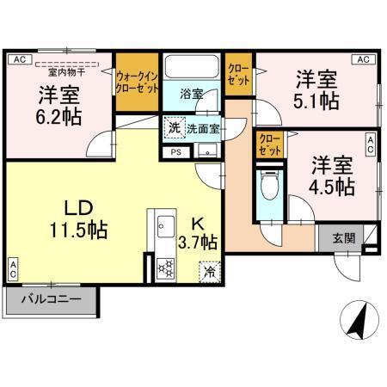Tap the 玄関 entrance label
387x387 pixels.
coord(341,238)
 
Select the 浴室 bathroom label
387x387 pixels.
coord(192,94)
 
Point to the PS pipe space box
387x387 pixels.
coord(176,152)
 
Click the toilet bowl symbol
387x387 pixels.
coord(267,184)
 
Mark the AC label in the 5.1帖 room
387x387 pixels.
coord(363,59)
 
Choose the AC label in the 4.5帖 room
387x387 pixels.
coord(371,144)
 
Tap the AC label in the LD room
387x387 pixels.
coord(13,267)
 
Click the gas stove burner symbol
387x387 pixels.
coord(163,268)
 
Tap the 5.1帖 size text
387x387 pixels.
coord(316,101)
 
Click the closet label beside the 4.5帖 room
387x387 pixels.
coord(270,143)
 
